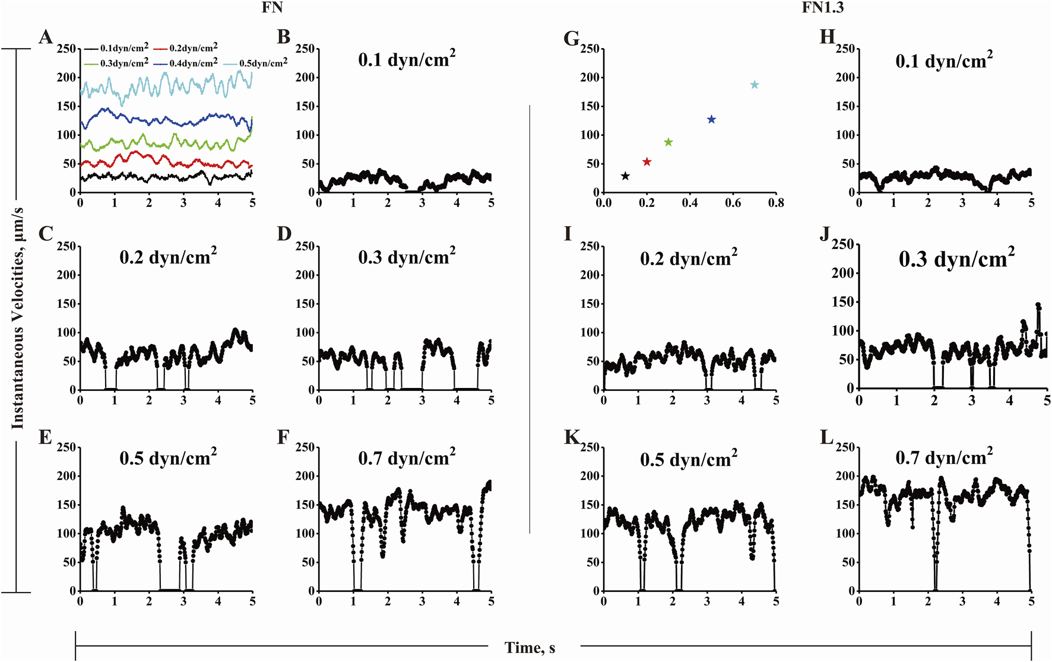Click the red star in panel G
tap(647, 162)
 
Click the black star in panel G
tap(625, 176)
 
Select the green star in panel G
tap(668, 142)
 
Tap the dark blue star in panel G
tap(711, 120)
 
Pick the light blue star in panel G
tap(755, 85)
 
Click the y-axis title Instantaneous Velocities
tap(18, 319)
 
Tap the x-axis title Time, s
tap(530, 648)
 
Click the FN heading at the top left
tap(272, 8)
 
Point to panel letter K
tap(571, 438)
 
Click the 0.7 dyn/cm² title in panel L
tap(944, 457)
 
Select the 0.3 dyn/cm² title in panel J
tap(956, 259)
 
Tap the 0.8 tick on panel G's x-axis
tap(775, 203)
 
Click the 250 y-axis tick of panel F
tap(305, 447)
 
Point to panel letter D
tap(284, 234)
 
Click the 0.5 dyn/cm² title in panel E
tap(168, 458)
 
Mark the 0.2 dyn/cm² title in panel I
tap(689, 259)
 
